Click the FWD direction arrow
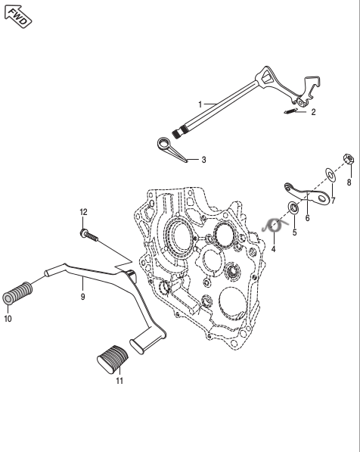18,17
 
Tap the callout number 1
200,104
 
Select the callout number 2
313,112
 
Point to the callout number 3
203,160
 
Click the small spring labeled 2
290,111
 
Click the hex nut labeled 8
349,159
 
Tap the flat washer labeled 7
331,175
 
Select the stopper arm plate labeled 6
307,196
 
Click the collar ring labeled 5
293,208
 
